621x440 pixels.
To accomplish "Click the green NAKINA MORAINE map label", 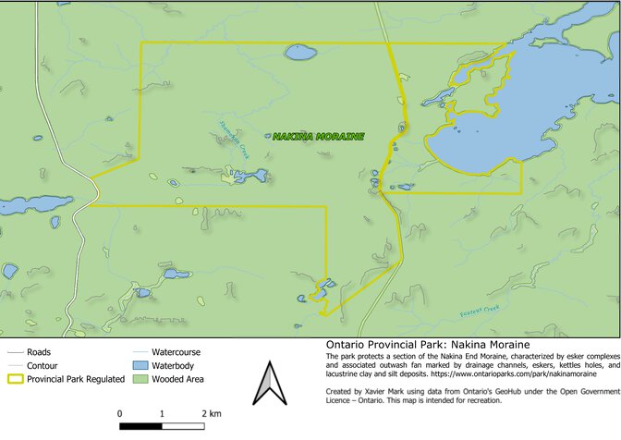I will (318, 137).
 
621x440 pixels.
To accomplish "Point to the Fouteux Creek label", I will (480, 311).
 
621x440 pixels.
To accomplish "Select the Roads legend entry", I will (38, 352).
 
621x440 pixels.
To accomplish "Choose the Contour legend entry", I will (43, 365).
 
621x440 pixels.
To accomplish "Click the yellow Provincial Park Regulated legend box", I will (16, 379).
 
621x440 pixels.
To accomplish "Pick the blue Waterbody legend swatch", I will (140, 366).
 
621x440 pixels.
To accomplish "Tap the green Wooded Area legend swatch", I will (140, 379).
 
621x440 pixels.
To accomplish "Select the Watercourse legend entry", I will (175, 352).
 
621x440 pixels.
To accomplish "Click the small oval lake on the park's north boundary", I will (299, 53).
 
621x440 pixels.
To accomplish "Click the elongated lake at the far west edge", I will (35, 204).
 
